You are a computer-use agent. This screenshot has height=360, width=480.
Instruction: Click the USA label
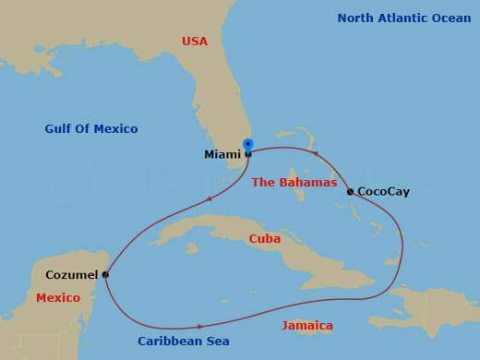click(195, 42)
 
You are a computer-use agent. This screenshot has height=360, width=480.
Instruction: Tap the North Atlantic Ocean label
click(403, 18)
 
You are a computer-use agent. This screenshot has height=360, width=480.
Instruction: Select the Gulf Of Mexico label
click(90, 129)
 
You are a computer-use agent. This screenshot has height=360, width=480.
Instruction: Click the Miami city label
click(222, 155)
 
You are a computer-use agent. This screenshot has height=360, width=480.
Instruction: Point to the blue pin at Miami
click(247, 146)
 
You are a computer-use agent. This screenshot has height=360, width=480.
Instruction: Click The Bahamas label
click(294, 183)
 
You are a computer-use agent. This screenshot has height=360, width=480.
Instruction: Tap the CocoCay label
click(383, 192)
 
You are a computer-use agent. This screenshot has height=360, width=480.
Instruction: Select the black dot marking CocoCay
click(350, 192)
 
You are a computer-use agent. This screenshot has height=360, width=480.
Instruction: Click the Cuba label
click(265, 239)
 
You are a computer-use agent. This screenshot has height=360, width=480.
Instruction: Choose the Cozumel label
click(71, 275)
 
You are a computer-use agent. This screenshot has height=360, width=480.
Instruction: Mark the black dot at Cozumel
click(105, 274)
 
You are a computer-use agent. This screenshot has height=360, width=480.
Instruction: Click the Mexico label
click(58, 299)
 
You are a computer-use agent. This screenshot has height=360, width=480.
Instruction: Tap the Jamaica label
click(307, 327)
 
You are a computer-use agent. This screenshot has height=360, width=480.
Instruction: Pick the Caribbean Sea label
click(184, 342)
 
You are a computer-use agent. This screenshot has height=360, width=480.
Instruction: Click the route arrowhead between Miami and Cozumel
click(210, 198)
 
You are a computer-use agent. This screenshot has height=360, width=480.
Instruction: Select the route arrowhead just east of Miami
click(315, 154)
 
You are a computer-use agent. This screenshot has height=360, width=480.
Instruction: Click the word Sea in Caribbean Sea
click(218, 342)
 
